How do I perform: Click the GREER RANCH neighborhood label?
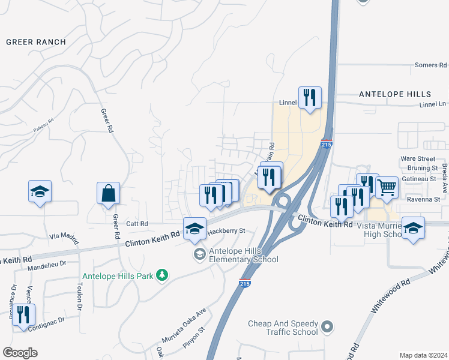coord(35,42)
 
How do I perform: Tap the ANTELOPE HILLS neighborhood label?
coord(394,94)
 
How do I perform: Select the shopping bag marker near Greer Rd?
coord(108,194)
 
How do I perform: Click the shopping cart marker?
coord(387,188)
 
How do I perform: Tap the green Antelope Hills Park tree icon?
coord(161,275)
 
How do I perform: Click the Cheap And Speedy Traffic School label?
coord(283,328)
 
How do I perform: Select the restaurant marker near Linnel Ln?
coord(310,98)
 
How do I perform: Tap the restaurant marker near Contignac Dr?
coord(23,314)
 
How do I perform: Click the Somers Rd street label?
coord(431,65)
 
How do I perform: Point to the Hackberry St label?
coord(226,230)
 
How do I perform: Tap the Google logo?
coord(20,353)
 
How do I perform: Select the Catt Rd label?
coord(136,224)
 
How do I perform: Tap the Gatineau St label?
coord(418,179)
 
